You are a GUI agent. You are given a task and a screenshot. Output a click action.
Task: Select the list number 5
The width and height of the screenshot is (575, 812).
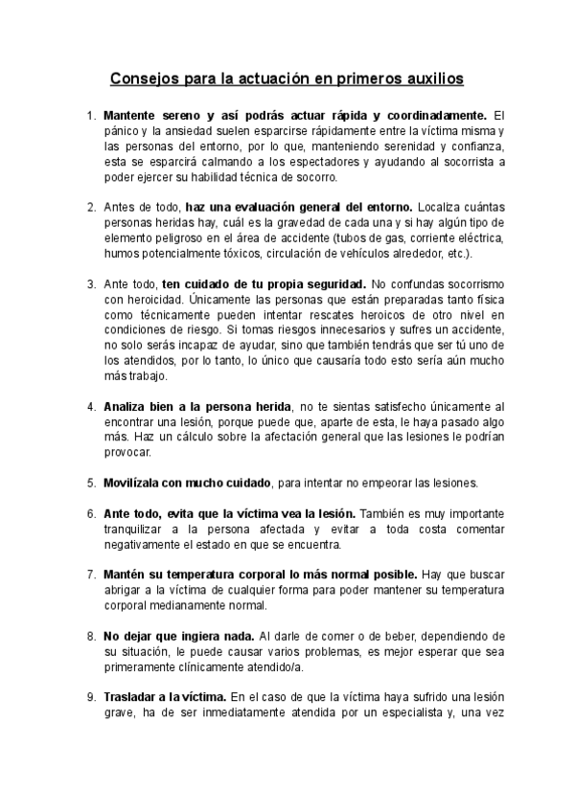pyautogui.click(x=91, y=481)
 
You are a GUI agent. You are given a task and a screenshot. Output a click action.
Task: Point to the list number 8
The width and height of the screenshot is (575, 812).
pyautogui.click(x=91, y=636)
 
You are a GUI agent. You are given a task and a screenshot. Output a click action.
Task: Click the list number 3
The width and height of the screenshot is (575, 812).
pyautogui.click(x=91, y=285)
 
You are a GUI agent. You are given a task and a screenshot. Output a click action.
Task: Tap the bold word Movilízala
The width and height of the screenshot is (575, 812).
pyautogui.click(x=136, y=481)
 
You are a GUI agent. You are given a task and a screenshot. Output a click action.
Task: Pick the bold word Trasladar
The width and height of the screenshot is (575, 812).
pyautogui.click(x=132, y=697)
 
